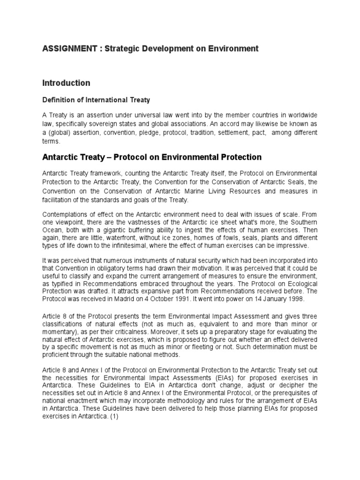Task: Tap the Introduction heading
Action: coord(66,83)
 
